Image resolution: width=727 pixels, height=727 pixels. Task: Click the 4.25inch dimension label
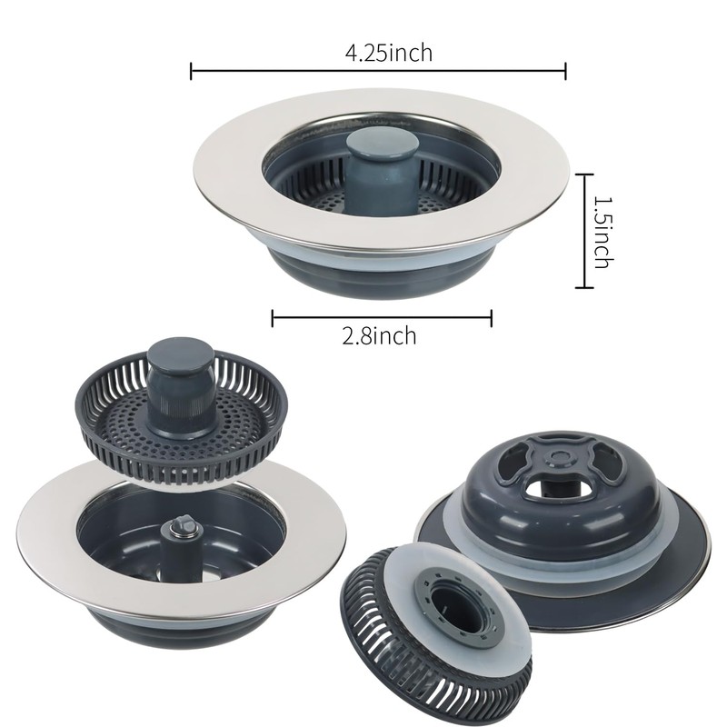(x=388, y=53)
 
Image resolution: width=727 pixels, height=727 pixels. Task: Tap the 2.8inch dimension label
(x=379, y=336)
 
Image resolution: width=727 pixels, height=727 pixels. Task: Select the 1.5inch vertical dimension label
(x=601, y=231)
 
